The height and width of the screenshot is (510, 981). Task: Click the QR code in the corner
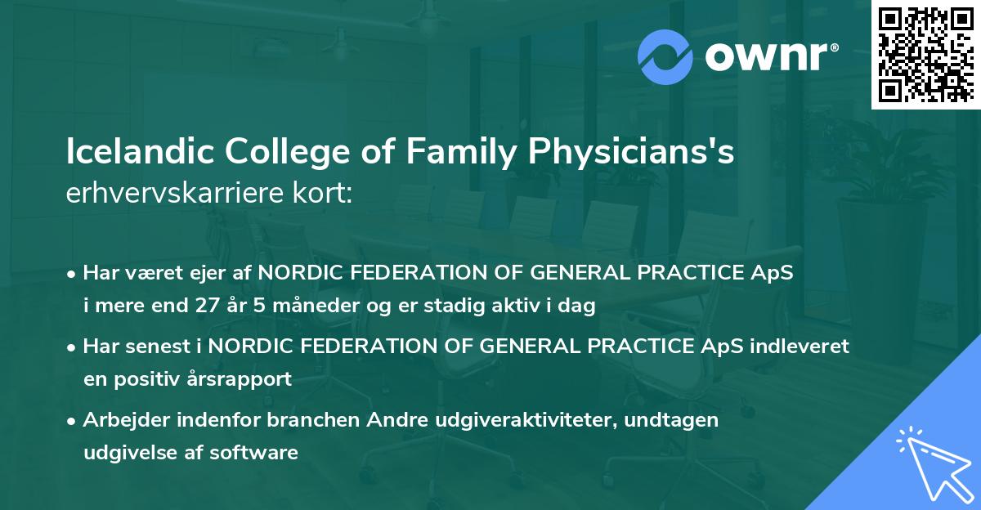click(926, 54)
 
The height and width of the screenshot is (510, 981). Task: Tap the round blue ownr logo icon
click(665, 56)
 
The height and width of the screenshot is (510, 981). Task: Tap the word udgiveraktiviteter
click(502, 420)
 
